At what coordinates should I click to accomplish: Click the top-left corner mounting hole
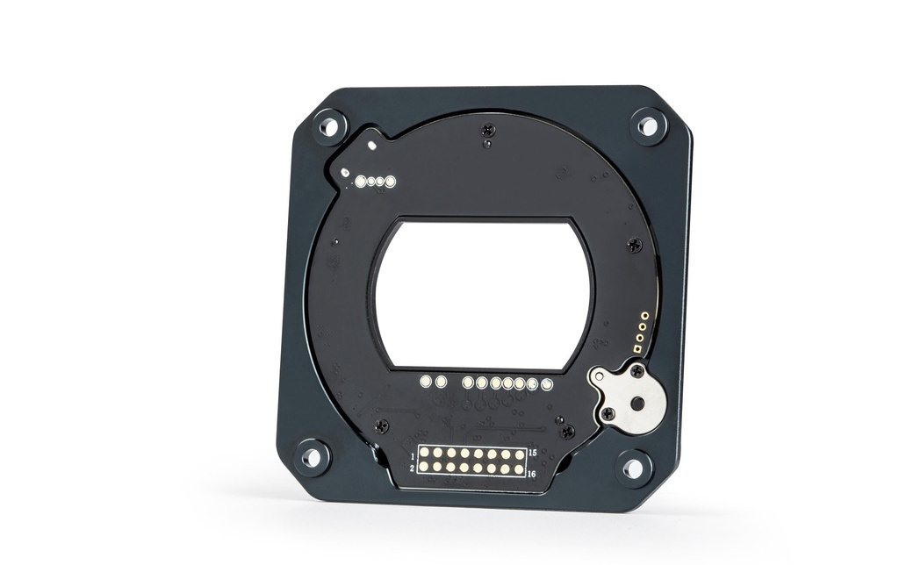(x=330, y=126)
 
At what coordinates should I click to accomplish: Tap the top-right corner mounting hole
(x=648, y=125)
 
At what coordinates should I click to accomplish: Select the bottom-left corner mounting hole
(x=312, y=457)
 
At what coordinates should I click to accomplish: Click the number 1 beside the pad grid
(x=413, y=457)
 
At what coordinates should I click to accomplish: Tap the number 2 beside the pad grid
(x=413, y=468)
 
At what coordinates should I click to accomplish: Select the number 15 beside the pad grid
(x=532, y=453)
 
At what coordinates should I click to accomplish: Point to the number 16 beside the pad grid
(x=531, y=474)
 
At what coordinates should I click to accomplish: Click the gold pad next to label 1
(x=425, y=453)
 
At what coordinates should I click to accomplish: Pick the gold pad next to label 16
(x=518, y=469)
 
